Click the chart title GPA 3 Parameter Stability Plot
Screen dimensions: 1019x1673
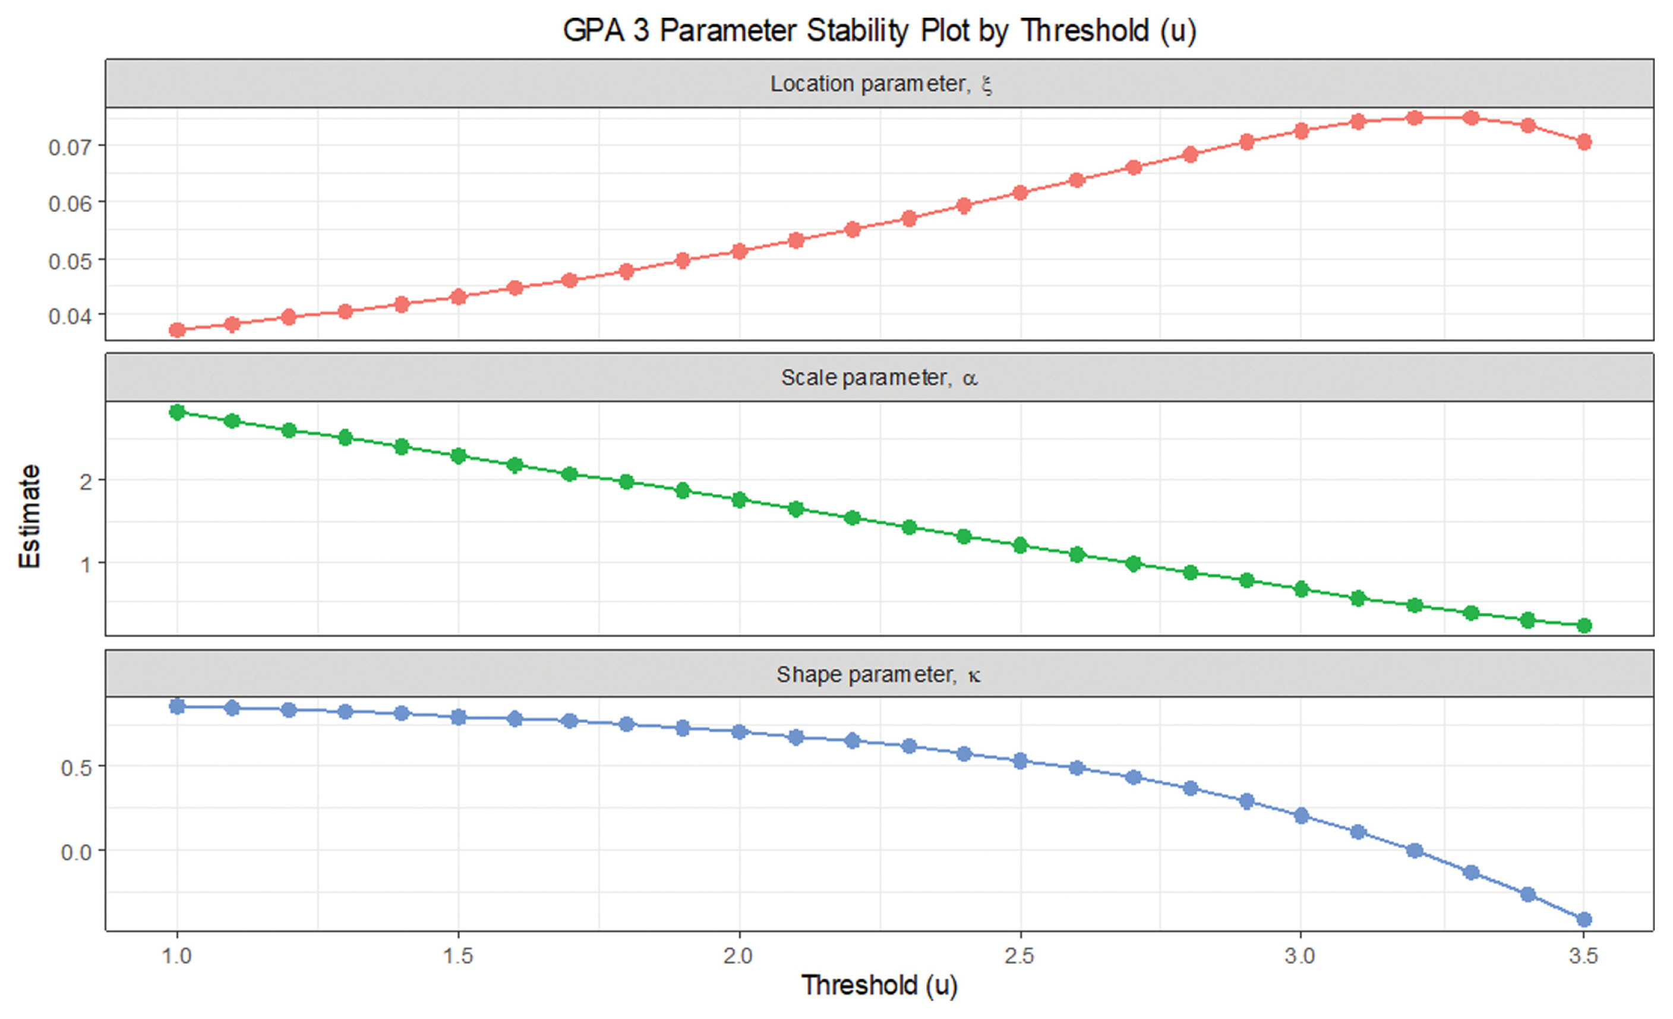click(879, 30)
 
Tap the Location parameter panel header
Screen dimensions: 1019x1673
click(879, 84)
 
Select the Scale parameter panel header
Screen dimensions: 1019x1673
click(879, 378)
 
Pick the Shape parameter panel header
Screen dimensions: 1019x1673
click(879, 675)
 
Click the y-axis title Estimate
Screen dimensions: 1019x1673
click(30, 516)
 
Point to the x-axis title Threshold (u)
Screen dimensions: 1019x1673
click(879, 985)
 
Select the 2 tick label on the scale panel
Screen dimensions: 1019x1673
click(86, 482)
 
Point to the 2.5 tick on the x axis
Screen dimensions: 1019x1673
click(1020, 957)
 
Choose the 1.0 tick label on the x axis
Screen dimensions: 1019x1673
click(177, 957)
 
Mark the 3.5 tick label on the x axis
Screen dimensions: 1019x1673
click(1583, 957)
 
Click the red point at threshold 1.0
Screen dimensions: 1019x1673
click(177, 330)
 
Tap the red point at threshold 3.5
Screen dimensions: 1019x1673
click(1584, 142)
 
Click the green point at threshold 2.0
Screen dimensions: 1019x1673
click(740, 500)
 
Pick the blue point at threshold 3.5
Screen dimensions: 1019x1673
click(1584, 920)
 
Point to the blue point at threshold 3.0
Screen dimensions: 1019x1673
click(1301, 816)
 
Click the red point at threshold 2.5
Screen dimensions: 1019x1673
click(1020, 193)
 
